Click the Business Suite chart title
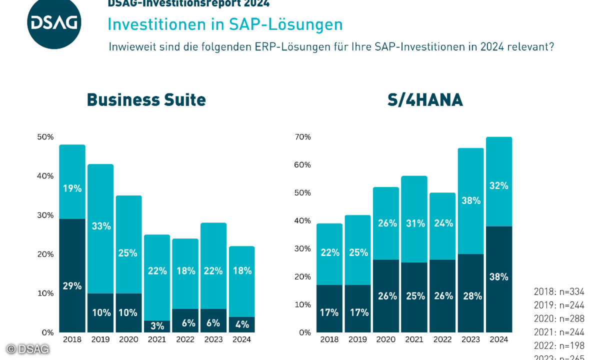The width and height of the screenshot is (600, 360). click(x=146, y=99)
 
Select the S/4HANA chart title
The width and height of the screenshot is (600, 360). click(x=425, y=100)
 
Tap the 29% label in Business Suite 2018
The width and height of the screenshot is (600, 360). click(x=72, y=286)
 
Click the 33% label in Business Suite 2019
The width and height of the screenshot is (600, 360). click(x=100, y=226)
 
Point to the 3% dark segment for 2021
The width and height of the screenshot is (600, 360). click(x=157, y=326)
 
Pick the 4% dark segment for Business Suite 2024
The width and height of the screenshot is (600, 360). click(x=241, y=324)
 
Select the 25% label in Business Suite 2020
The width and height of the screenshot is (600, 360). click(x=128, y=253)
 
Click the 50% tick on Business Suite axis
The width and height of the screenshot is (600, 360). click(x=45, y=137)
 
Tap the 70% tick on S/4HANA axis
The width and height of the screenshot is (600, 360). click(x=302, y=137)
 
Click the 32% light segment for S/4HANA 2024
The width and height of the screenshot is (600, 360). click(x=498, y=185)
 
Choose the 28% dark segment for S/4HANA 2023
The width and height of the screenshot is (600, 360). click(x=470, y=295)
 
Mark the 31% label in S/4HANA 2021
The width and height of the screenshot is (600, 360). click(x=414, y=223)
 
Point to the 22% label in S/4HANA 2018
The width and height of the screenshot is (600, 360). click(x=329, y=253)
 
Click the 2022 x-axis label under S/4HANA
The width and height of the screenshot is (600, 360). click(x=442, y=339)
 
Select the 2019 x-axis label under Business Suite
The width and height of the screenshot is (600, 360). click(x=100, y=339)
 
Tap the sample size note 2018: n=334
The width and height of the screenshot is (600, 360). click(x=559, y=291)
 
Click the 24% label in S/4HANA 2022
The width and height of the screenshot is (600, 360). click(x=442, y=223)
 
